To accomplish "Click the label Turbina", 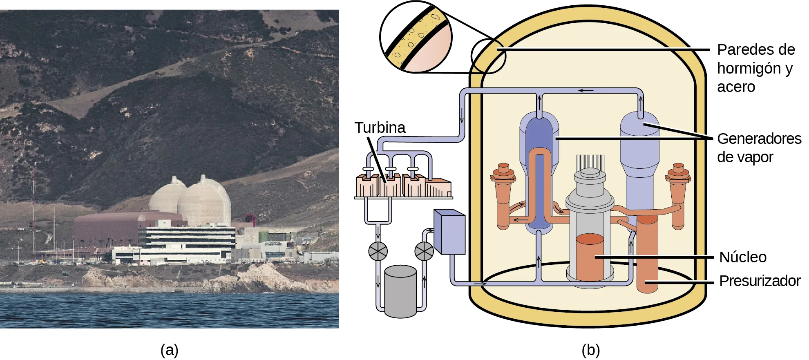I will tap(380, 128).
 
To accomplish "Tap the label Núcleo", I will tap(742, 257).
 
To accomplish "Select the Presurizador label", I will tap(759, 281).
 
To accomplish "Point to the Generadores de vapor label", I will tap(759, 148).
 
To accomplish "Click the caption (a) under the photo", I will tap(169, 350).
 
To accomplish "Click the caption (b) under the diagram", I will tap(590, 350).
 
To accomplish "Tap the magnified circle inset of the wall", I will tap(416, 37).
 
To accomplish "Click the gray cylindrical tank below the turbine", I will tap(400, 291).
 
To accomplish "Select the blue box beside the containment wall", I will tap(449, 232).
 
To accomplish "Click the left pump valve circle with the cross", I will tap(378, 251).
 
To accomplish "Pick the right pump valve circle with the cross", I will tap(424, 251).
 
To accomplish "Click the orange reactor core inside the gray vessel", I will tap(590, 257).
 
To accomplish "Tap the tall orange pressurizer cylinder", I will tap(647, 253).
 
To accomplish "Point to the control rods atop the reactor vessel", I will tap(590, 162).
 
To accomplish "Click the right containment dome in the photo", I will tap(204, 202).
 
